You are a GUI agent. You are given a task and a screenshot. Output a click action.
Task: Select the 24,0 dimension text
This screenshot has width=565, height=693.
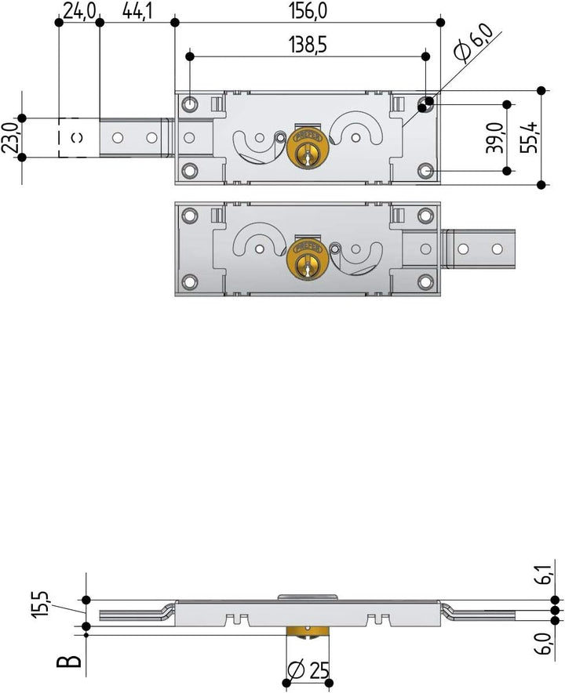point(80,10)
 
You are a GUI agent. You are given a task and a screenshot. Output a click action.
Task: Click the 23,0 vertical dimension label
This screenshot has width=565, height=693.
point(10,138)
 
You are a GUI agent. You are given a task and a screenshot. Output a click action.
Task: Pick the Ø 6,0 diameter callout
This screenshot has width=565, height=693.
point(473,42)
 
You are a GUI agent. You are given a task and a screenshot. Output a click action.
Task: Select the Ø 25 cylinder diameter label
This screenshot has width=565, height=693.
point(308,671)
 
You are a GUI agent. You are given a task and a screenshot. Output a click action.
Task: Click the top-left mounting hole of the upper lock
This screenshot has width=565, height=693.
point(190,103)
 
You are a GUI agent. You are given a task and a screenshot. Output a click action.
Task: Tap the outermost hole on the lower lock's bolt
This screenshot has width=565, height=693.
point(496,249)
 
